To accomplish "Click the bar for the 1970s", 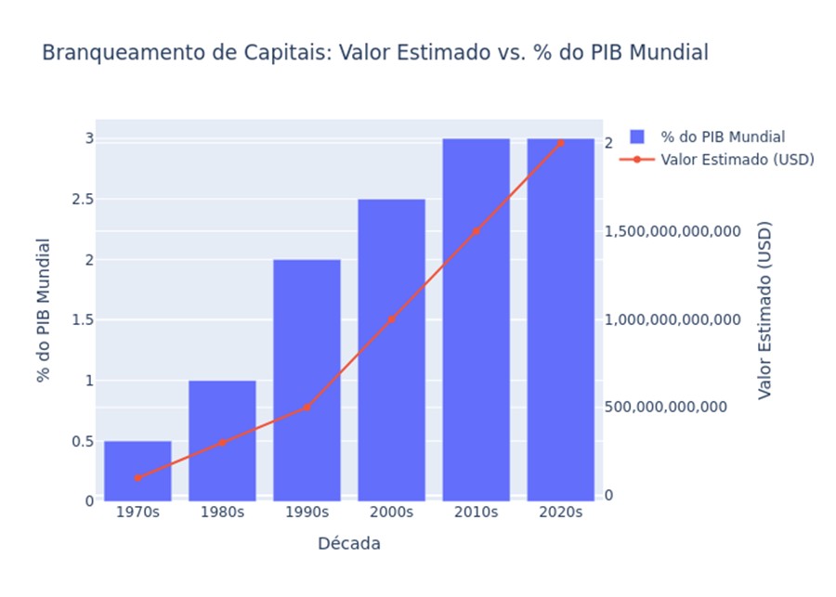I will (x=137, y=471).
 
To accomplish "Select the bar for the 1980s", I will (x=222, y=440).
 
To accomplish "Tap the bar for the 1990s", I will (x=307, y=380).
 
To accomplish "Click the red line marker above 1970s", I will (x=137, y=478).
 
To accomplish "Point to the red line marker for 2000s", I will (x=391, y=319).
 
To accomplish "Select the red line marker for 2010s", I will (x=476, y=231).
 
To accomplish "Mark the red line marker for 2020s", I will (x=560, y=143).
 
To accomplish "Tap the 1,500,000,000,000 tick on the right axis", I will (x=673, y=231).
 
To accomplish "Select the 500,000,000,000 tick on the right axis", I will (x=665, y=408).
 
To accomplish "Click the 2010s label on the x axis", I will (x=476, y=513).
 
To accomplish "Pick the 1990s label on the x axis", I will (x=307, y=513).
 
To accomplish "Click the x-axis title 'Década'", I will (x=348, y=544).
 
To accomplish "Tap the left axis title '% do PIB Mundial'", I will (x=43, y=310).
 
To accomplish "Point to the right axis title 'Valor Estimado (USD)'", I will (x=764, y=310).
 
